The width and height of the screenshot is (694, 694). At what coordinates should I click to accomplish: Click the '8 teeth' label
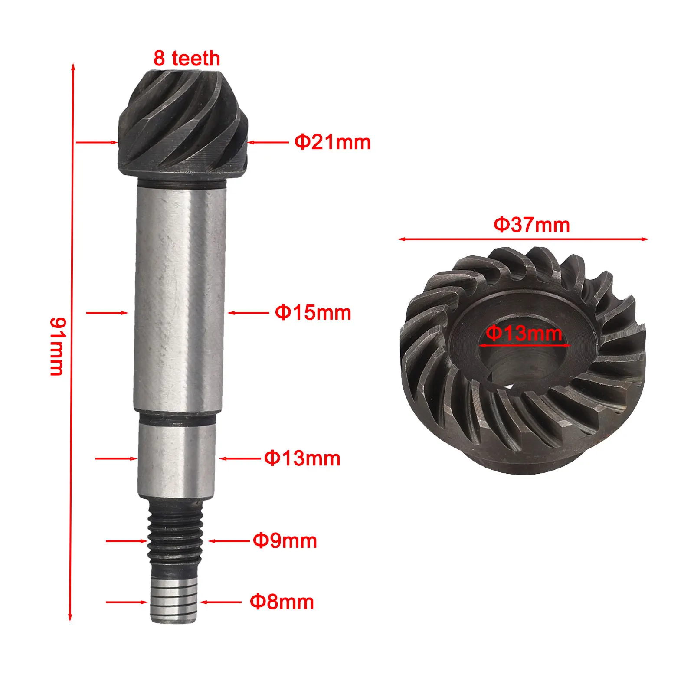[187, 59]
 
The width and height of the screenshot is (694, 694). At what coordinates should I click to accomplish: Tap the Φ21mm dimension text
[332, 142]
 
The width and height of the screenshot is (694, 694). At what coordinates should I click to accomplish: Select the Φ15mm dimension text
[313, 313]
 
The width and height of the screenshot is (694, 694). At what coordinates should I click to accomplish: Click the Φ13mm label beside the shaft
[302, 458]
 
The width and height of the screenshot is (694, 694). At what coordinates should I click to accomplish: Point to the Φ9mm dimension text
[285, 541]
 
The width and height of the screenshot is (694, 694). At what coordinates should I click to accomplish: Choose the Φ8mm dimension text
[282, 602]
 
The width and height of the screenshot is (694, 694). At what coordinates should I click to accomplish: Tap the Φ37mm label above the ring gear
[531, 225]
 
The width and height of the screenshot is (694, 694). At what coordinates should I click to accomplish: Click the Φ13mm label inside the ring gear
[524, 333]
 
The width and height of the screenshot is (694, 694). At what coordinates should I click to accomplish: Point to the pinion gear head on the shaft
[182, 124]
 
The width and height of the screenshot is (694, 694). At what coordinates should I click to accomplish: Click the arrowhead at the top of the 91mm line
[73, 66]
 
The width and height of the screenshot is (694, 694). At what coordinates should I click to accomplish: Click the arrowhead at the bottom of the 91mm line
[70, 618]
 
